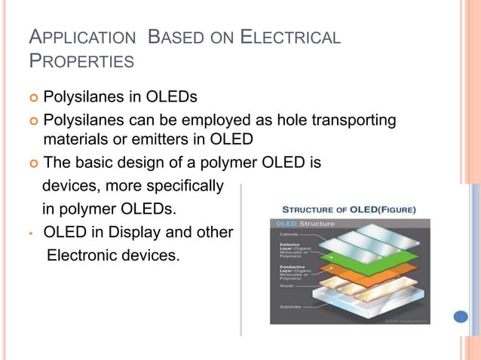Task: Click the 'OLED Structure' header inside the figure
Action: [302, 224]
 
